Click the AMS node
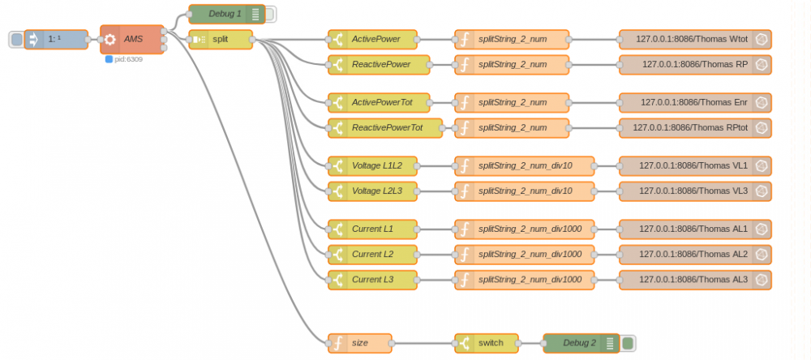click(x=133, y=39)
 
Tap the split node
click(x=221, y=39)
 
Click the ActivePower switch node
click(x=373, y=39)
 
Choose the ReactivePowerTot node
click(x=386, y=127)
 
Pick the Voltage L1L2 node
click(x=373, y=165)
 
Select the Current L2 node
click(x=373, y=254)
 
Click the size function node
click(x=360, y=343)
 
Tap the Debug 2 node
click(x=580, y=343)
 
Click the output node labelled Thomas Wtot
click(x=694, y=39)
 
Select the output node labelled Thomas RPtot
click(x=694, y=127)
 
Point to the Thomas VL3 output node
click(x=694, y=191)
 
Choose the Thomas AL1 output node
click(x=694, y=229)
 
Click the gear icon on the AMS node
click(x=110, y=39)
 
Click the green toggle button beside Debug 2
click(x=628, y=343)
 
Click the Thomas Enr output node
click(x=694, y=102)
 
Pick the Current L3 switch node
click(x=373, y=280)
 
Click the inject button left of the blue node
click(x=16, y=39)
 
